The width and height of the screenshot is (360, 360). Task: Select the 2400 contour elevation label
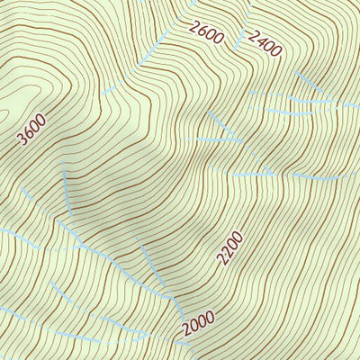coord(263,42)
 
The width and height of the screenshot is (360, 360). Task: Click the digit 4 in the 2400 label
coord(259,40)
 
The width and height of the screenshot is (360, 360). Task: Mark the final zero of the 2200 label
coord(238,236)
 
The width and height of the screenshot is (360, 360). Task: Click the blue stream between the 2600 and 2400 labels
coord(239,36)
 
